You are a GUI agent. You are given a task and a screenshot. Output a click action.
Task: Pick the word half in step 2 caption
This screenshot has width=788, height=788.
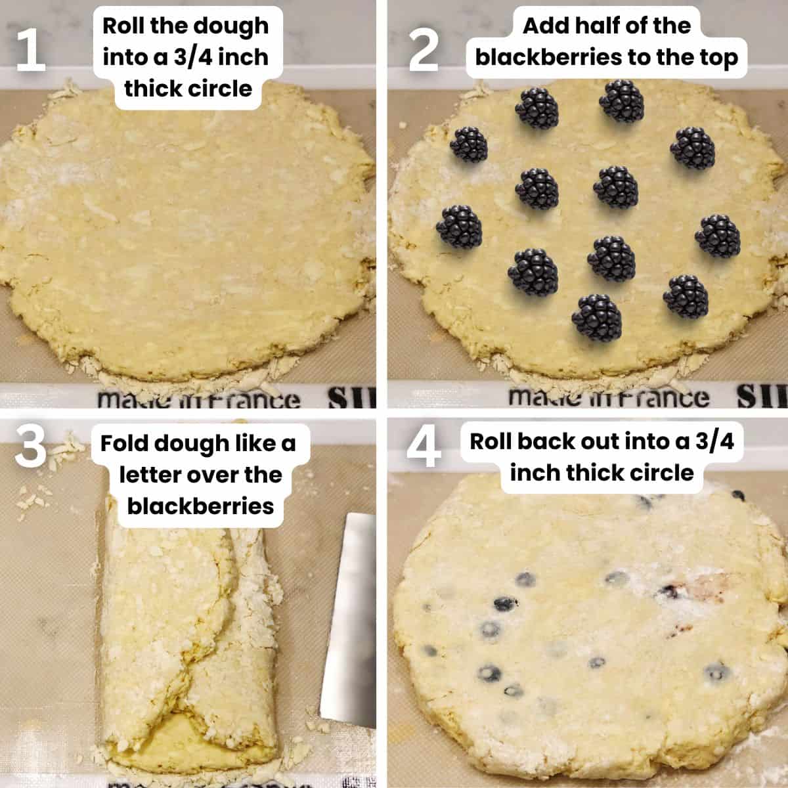613,26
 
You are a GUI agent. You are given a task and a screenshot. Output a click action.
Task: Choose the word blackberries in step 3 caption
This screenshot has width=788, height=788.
200,506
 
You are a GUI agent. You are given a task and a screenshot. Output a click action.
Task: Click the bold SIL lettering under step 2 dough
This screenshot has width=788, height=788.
762,396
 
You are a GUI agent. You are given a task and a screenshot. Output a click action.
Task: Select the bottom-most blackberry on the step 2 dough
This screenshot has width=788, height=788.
597,318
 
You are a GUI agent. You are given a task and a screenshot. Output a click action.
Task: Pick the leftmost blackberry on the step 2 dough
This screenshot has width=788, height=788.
459,227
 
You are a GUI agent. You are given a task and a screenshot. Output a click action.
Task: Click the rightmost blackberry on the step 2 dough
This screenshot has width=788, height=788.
718,235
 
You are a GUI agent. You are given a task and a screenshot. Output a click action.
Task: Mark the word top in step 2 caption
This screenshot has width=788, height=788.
717,57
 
